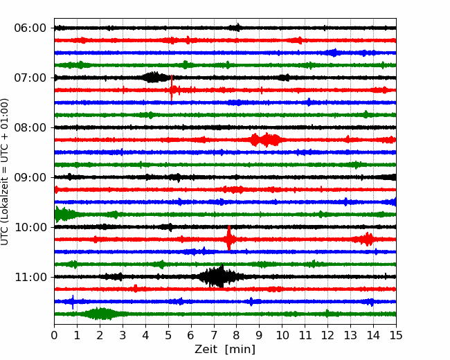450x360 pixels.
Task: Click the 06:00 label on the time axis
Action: point(30,28)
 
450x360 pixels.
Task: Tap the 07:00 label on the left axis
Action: point(30,78)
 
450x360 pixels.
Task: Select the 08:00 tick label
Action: point(30,128)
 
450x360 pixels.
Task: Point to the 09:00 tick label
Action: point(30,177)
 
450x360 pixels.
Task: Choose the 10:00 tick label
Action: point(30,227)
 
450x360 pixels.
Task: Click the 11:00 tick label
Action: point(30,278)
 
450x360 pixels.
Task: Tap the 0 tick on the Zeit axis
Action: point(54,335)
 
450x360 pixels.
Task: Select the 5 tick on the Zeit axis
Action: point(168,335)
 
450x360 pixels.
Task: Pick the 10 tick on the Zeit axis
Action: point(282,335)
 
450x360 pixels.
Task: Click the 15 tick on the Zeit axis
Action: point(396,335)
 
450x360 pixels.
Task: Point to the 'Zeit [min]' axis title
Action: point(225,350)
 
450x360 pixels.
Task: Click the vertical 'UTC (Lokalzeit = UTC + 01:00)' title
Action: point(4,172)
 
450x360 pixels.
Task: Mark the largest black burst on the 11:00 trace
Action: point(220,276)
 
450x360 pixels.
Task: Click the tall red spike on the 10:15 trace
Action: point(229,238)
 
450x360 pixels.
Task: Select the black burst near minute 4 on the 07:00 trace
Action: point(155,78)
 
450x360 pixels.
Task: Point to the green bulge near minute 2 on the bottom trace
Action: point(100,314)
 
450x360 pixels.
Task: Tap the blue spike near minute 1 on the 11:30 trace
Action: point(73,302)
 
